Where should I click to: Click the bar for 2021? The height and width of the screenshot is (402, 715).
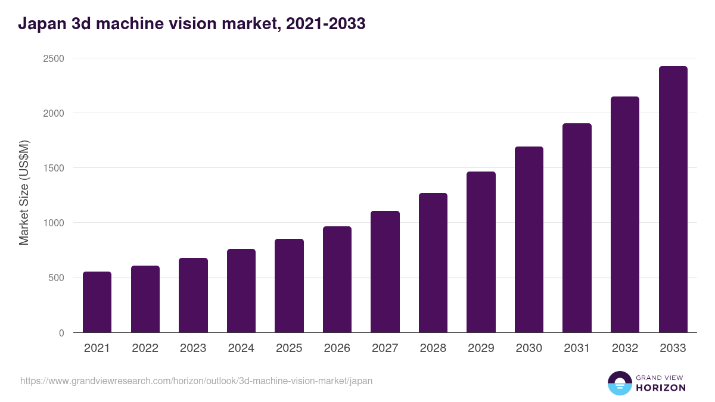tap(97, 302)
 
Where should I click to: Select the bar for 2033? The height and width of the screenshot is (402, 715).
tap(673, 200)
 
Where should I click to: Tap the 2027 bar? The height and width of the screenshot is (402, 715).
tap(385, 272)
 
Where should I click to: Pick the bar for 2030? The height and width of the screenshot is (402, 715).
tap(529, 239)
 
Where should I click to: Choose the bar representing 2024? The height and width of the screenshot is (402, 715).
tap(241, 291)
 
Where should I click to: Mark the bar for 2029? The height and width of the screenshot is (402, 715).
tap(481, 252)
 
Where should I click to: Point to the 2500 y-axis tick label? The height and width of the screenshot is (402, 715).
tap(53, 58)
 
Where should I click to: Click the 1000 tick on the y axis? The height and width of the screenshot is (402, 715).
tap(53, 223)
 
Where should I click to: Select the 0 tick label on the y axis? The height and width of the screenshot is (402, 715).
tap(61, 333)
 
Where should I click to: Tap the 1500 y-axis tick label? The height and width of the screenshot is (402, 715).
tap(53, 168)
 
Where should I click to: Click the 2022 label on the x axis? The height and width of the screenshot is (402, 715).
tap(145, 348)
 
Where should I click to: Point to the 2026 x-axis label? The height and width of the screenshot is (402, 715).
tap(337, 348)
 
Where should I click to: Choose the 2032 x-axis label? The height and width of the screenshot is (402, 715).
tap(625, 348)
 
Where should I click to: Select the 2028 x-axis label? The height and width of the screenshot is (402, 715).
tap(433, 348)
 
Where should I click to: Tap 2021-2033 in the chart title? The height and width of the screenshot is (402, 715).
tap(325, 24)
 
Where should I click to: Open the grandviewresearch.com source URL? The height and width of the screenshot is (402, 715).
tap(197, 381)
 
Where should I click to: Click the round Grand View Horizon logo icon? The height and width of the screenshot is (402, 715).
tap(619, 383)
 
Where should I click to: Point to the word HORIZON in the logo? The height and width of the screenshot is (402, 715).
tap(661, 388)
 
